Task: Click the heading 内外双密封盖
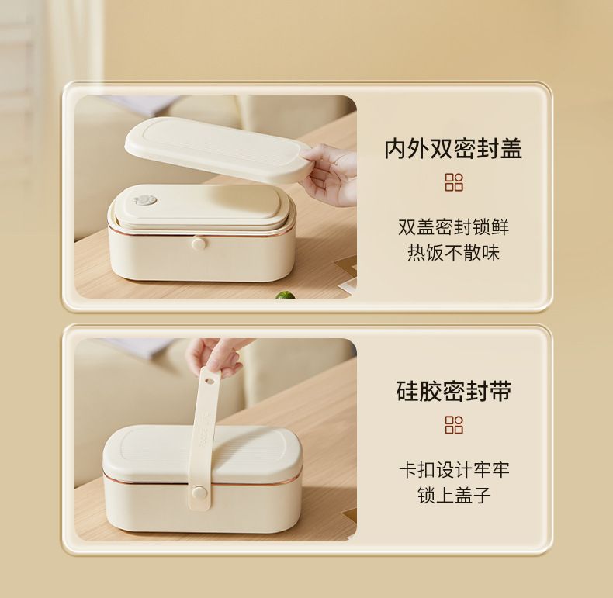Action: point(453,148)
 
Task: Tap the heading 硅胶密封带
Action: point(453,390)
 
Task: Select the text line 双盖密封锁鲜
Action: point(453,227)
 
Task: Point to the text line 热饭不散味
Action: point(453,253)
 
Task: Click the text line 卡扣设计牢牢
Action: point(454,470)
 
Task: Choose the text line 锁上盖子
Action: point(454,495)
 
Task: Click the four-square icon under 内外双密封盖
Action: point(454,182)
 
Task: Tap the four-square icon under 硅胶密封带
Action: point(454,425)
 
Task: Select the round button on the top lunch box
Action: point(199,244)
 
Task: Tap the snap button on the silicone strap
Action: point(199,493)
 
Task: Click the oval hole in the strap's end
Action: point(210,379)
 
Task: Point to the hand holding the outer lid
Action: point(331,174)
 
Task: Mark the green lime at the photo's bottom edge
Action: point(285,294)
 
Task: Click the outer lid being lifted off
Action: point(219,148)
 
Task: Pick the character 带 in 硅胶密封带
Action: point(500,390)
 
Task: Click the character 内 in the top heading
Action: point(396,148)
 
